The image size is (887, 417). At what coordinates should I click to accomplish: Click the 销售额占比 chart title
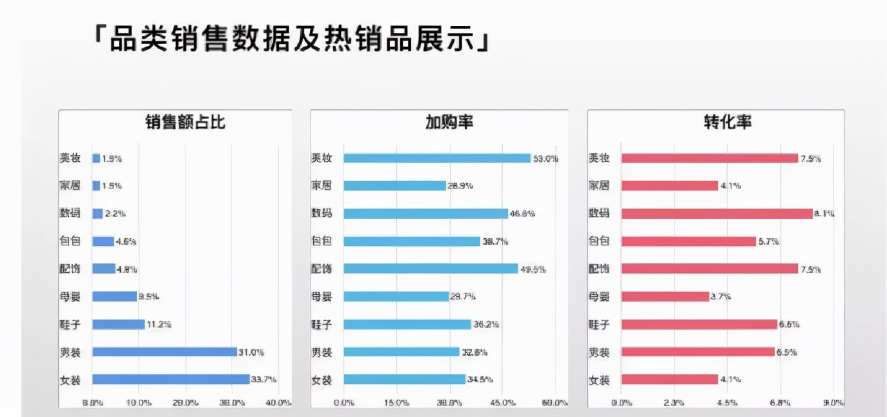(185, 123)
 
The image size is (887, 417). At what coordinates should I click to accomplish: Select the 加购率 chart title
(449, 123)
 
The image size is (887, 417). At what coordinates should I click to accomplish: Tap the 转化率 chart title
(728, 123)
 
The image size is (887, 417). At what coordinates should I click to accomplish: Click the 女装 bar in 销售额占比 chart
(170, 380)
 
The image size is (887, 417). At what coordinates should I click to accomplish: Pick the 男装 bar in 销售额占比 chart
(165, 352)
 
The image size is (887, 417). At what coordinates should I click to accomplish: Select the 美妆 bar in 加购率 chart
(436, 158)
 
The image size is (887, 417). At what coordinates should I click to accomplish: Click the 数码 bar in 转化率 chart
(717, 214)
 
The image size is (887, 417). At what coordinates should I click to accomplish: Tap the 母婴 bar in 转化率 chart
(665, 296)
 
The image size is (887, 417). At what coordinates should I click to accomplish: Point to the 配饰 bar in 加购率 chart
(431, 269)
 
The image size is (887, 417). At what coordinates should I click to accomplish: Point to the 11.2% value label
(159, 324)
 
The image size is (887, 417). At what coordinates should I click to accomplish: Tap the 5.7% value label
(768, 241)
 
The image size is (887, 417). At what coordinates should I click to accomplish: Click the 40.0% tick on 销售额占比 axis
(278, 403)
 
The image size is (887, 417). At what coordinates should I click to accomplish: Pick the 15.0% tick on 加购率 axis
(396, 403)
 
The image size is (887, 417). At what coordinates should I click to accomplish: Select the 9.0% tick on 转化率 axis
(833, 403)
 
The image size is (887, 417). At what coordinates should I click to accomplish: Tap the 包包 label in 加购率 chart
(321, 241)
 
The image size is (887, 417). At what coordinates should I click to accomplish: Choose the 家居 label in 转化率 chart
(599, 186)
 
